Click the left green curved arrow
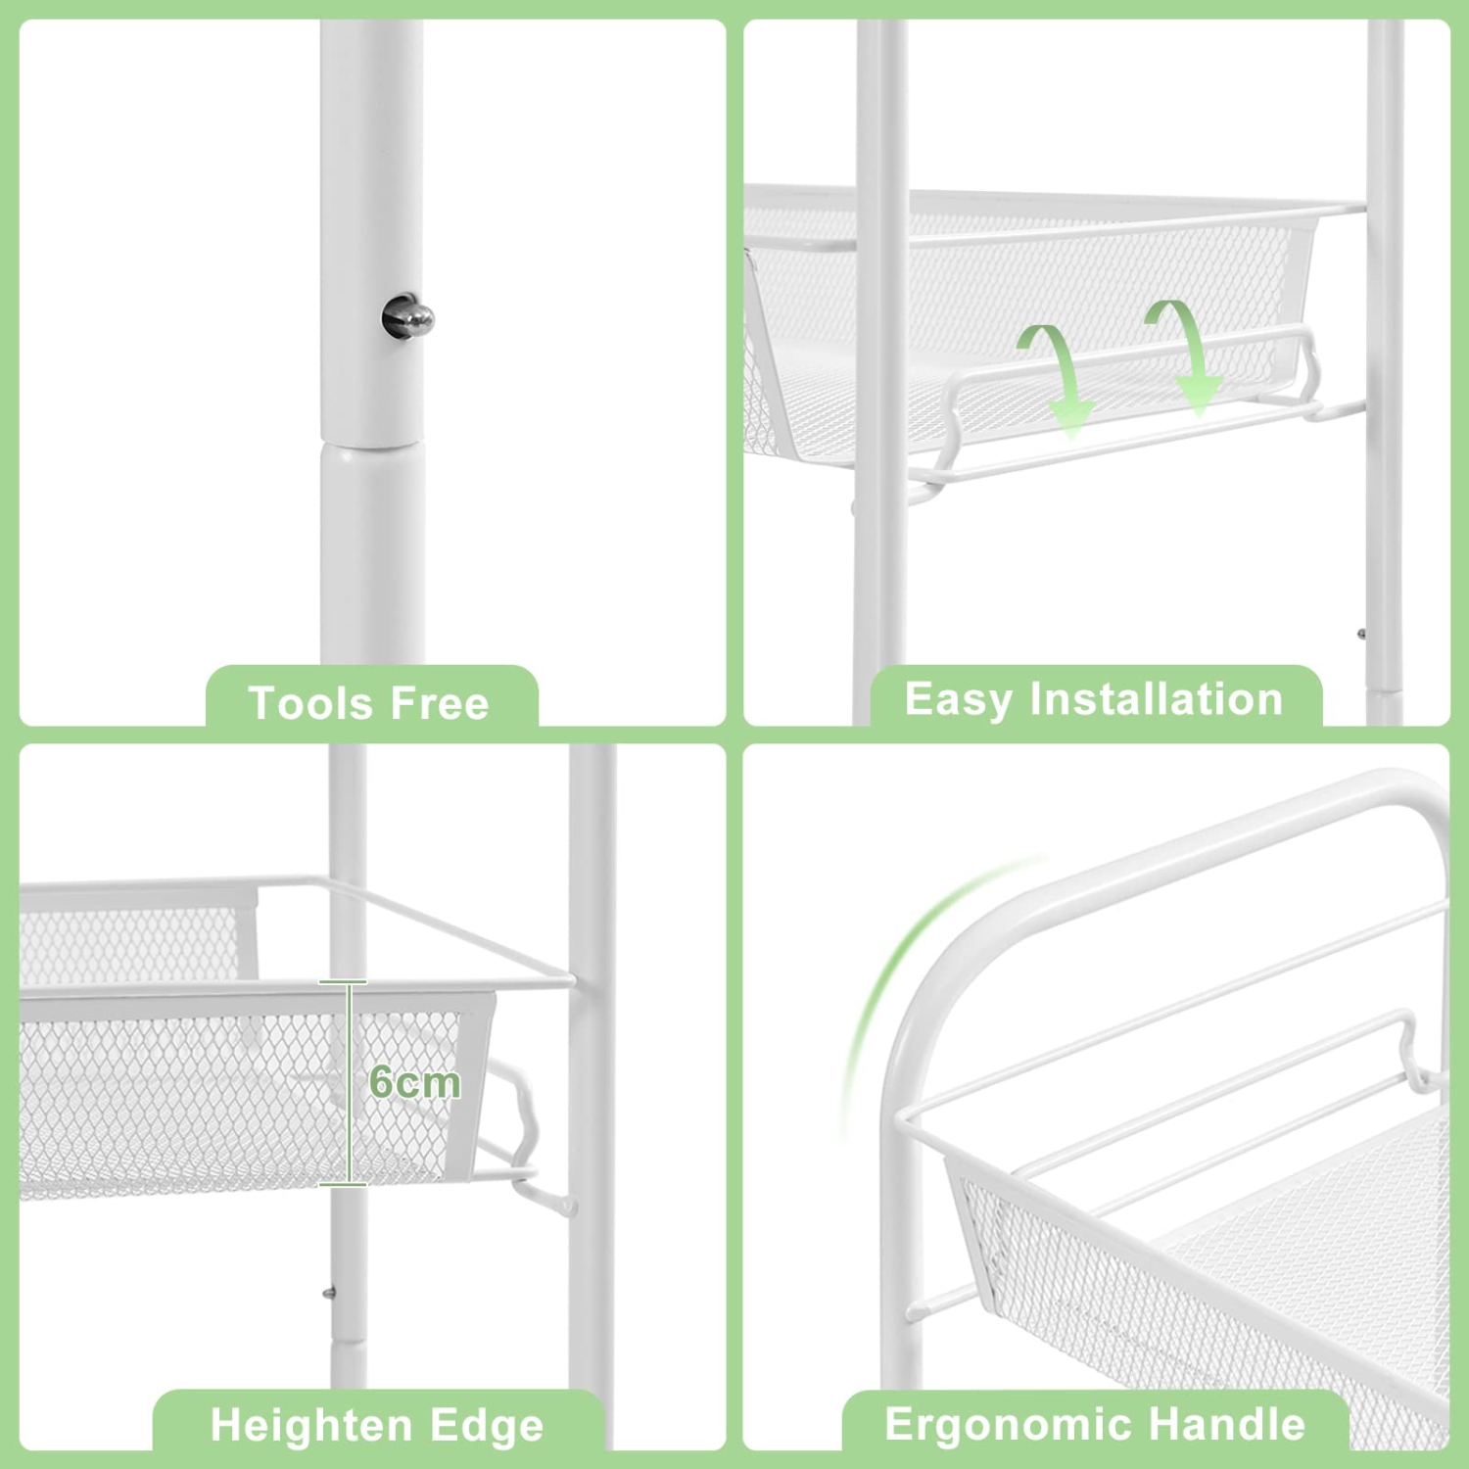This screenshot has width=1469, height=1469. pos(1056,377)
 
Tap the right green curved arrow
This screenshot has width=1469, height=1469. pos(1186,353)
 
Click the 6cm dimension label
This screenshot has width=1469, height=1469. pos(414,1082)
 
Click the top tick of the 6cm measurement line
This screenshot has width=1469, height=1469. pos(343,981)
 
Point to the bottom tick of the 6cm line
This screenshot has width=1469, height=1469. pos(343,1185)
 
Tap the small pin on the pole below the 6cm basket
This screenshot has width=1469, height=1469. pos(329,1293)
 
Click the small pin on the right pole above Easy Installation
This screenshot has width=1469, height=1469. pos(1361,635)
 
